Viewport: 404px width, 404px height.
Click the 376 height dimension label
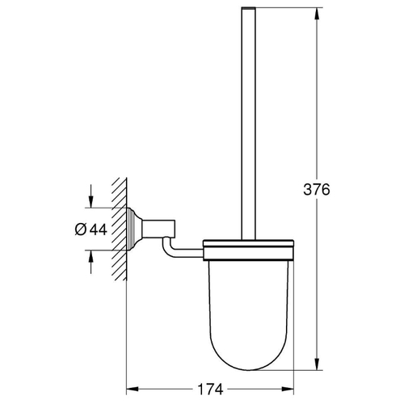click(317, 189)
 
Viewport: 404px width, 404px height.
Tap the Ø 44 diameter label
click(91, 229)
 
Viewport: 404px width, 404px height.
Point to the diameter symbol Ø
click(81, 229)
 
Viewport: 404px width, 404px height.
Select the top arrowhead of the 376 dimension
click(318, 14)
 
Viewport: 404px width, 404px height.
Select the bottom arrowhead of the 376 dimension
click(318, 364)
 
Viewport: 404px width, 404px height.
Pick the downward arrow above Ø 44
click(91, 196)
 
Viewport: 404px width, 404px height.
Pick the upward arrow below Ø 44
click(91, 262)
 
